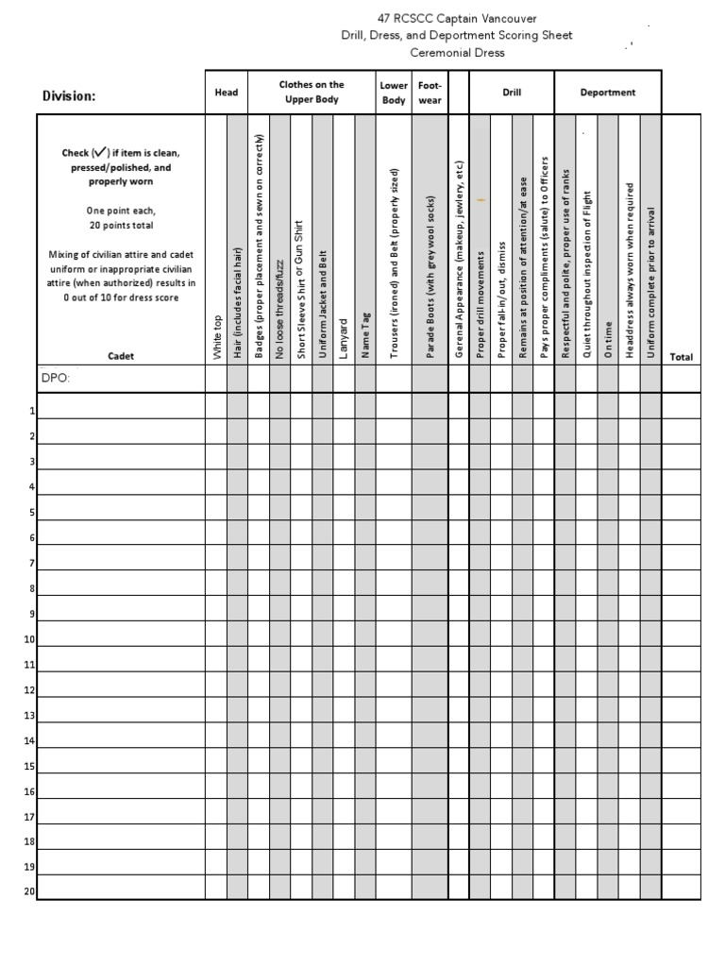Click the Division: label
(x=69, y=95)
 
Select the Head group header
(x=227, y=93)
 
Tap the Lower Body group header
(x=394, y=93)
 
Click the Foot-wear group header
(x=430, y=93)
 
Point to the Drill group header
(x=511, y=93)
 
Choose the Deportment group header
(x=608, y=93)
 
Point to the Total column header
(x=681, y=357)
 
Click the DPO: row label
(x=56, y=378)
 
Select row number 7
(x=32, y=564)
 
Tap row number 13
(x=29, y=716)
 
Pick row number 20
(x=29, y=891)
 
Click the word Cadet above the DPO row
(x=121, y=356)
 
